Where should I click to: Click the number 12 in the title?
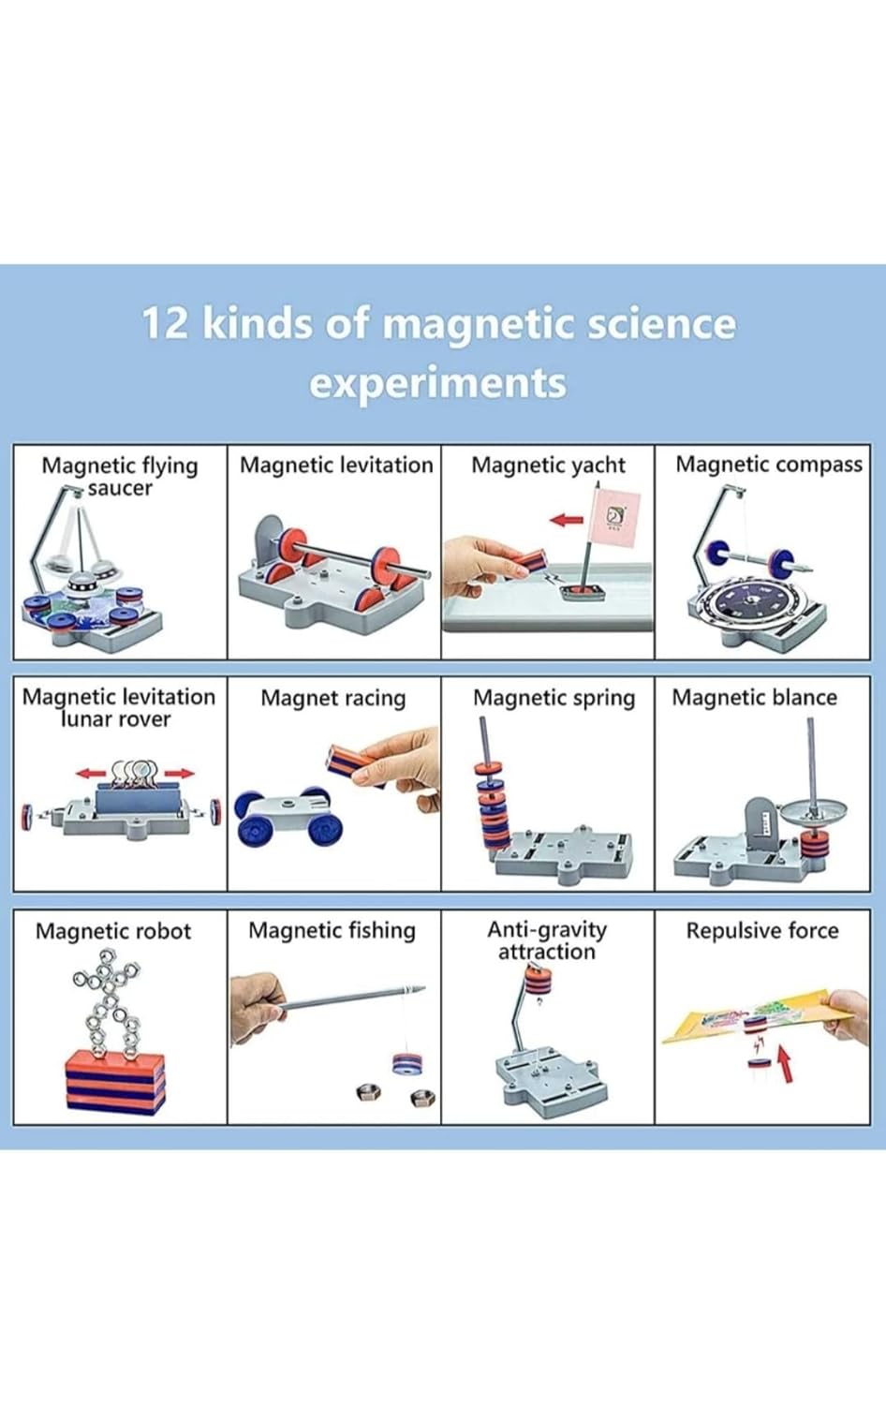click(166, 323)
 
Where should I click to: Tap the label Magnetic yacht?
click(548, 465)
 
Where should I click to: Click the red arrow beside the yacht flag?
click(566, 520)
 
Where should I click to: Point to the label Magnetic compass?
click(768, 465)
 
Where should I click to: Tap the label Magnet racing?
click(332, 698)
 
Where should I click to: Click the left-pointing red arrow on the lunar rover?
click(91, 774)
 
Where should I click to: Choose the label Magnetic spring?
click(554, 698)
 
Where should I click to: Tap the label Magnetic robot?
click(112, 931)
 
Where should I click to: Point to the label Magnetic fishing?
click(332, 930)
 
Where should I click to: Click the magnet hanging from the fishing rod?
click(406, 1063)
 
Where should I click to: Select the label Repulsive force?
click(761, 930)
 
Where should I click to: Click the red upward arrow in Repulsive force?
click(785, 1063)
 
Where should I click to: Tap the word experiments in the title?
click(437, 383)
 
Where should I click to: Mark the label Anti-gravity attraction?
click(547, 940)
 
